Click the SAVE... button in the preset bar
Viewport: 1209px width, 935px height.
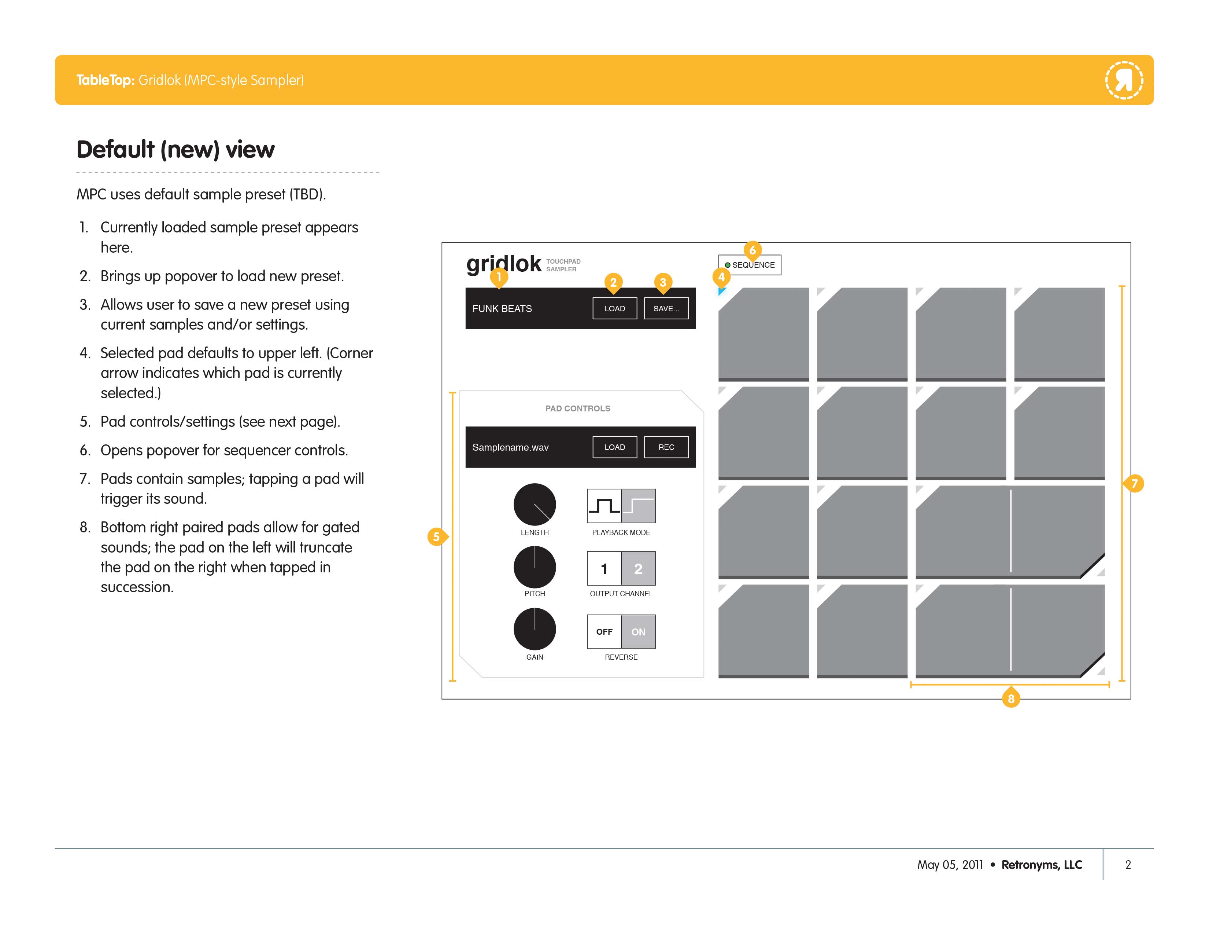click(x=666, y=308)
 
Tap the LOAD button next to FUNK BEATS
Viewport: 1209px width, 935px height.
click(x=614, y=308)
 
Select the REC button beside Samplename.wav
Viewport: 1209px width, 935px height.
click(x=666, y=447)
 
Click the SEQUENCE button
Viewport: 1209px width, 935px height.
click(x=750, y=265)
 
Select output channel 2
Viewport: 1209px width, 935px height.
click(x=638, y=568)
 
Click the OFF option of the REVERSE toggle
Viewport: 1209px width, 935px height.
click(x=604, y=631)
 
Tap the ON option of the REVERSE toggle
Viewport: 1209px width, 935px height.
click(x=638, y=631)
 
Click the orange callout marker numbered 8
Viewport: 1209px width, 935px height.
click(x=1011, y=698)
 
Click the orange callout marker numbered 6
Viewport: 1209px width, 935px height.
click(x=752, y=250)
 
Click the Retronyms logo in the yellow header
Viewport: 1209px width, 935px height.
click(x=1124, y=80)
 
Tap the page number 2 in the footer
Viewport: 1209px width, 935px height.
click(x=1128, y=865)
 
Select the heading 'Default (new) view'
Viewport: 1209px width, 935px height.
click(x=175, y=150)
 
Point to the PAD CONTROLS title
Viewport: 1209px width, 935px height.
click(x=577, y=408)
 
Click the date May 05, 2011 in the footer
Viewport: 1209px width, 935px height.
click(x=950, y=865)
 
